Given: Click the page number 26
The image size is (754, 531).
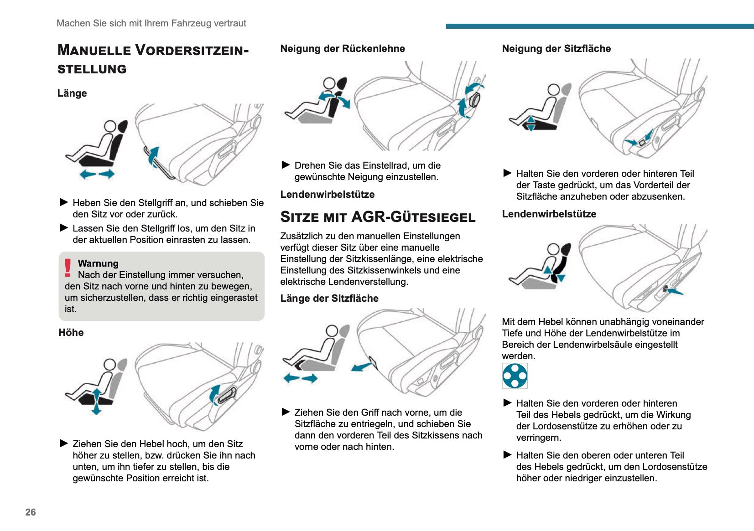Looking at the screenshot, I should pos(31,512).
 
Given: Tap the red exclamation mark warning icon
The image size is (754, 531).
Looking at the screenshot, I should pos(68,268).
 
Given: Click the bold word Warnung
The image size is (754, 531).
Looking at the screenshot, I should pos(98,263).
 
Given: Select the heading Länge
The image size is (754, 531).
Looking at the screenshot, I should pos(72,93).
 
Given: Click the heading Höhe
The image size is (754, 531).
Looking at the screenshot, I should pos(71,332).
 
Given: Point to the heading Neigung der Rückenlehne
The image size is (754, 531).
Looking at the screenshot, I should pos(343,49).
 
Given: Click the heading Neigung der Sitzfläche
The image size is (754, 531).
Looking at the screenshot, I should pos(556,49).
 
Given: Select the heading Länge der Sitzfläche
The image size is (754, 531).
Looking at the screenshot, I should pos(329,299).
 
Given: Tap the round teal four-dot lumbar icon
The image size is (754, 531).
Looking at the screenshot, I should pos(515,376).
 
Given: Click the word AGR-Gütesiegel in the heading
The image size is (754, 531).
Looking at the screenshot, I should pos(413,217).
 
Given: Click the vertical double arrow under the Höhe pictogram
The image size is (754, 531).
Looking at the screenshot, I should pos(96,402).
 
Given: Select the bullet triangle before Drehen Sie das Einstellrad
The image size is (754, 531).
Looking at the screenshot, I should pos(286,165).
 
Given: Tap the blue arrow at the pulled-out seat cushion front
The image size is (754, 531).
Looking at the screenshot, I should pos(362,366).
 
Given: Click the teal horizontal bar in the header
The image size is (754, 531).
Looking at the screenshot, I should pos(599,26).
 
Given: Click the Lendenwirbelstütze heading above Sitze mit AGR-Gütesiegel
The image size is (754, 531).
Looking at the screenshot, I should pos(328,195).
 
